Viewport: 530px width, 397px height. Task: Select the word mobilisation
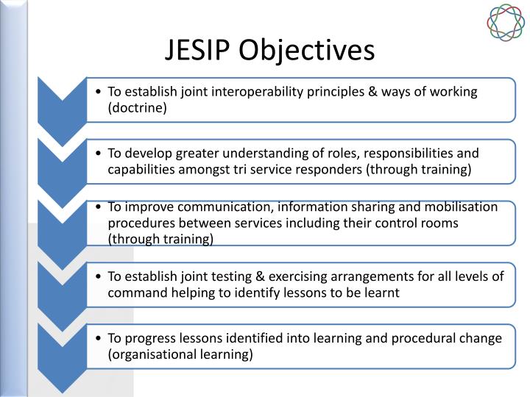465,207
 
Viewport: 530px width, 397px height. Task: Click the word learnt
382,292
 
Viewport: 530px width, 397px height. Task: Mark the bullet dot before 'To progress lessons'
99,337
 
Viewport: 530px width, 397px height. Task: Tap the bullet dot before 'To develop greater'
99,154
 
